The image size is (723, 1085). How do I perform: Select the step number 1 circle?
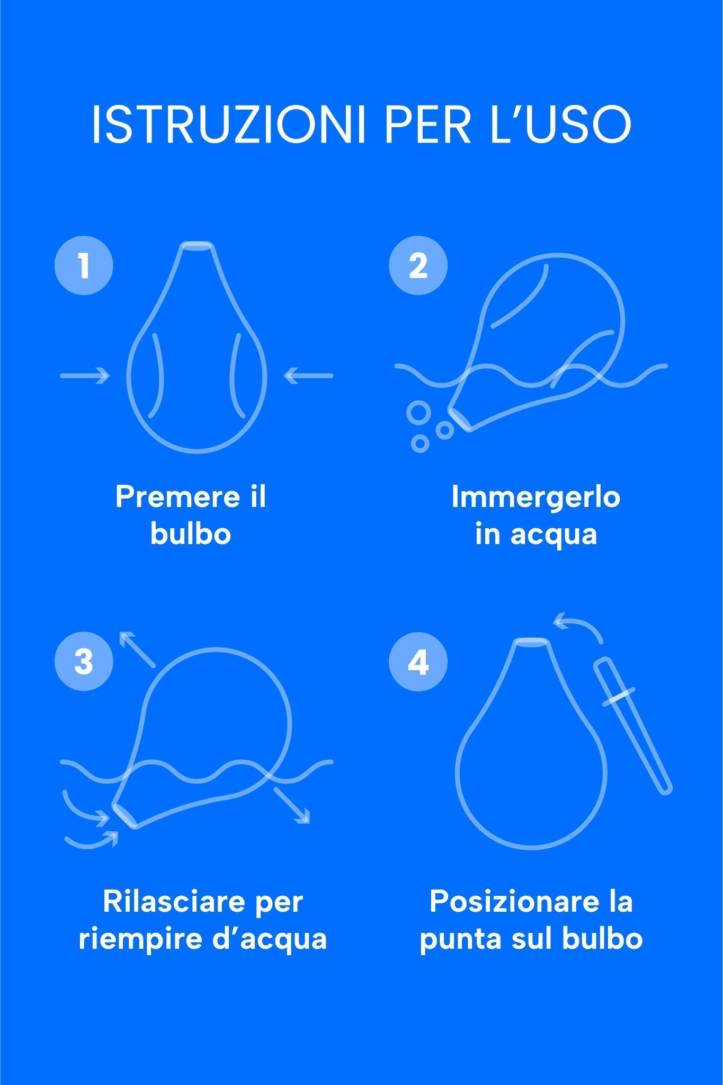84,265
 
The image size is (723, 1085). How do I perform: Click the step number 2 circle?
418,265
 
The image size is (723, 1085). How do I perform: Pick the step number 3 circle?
84,661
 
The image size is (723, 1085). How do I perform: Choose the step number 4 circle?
418,661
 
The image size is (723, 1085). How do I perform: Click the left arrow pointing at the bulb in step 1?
85,376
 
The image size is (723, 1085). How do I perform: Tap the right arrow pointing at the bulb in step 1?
309,376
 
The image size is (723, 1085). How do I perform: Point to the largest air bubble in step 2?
419,413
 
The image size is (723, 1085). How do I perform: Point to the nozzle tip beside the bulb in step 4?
632,726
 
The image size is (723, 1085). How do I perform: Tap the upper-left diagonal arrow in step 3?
137,649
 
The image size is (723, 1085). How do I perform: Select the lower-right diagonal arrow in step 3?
292,806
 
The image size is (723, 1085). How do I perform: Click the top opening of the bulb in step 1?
197,245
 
